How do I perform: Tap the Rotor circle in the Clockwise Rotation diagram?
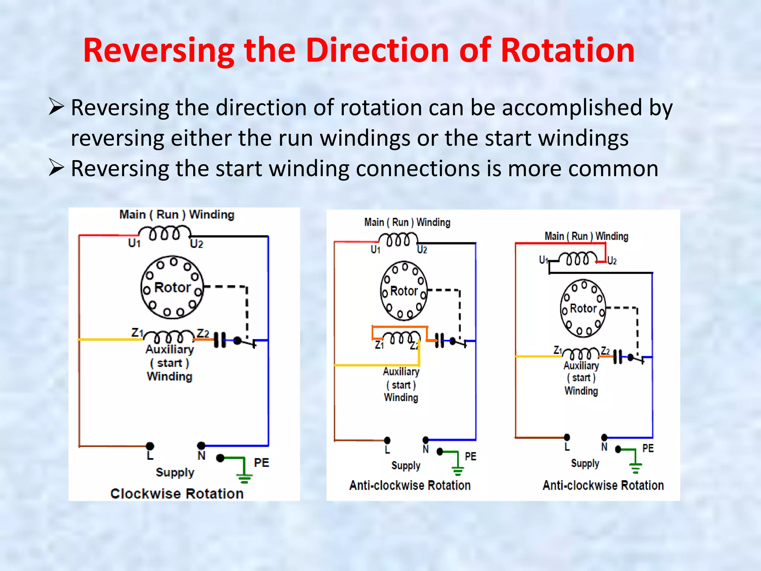(172, 287)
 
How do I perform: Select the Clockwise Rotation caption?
(177, 493)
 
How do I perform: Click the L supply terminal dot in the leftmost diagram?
(150, 446)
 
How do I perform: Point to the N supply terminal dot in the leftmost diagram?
(201, 445)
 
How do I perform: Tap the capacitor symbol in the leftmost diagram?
(220, 340)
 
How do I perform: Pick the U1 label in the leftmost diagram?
(134, 243)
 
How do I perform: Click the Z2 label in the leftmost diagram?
(203, 333)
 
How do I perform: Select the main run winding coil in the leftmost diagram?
(165, 234)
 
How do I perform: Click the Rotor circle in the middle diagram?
(404, 291)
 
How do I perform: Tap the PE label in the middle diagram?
(470, 456)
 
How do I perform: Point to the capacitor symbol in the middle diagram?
(439, 340)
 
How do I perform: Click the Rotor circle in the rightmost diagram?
(583, 308)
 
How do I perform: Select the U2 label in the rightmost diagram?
(612, 261)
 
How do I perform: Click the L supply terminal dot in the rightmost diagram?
(567, 437)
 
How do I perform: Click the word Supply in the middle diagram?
(406, 465)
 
